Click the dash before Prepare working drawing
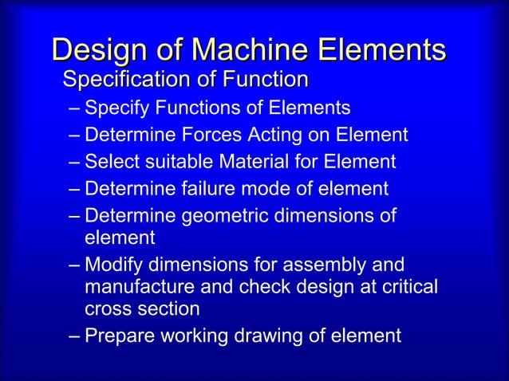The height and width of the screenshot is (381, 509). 75,336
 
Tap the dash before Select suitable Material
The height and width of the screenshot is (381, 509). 75,162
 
